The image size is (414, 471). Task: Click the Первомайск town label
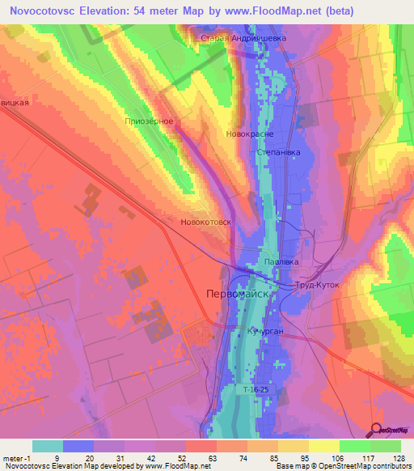(x=237, y=294)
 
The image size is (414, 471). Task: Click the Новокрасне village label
(x=249, y=134)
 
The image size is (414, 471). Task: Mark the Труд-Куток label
(x=317, y=286)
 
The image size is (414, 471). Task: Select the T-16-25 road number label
(x=256, y=389)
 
